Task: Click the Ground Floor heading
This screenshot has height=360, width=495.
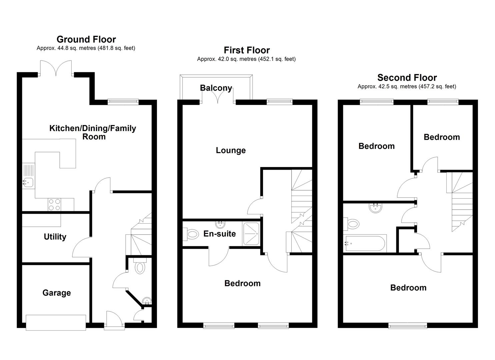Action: coord(86,39)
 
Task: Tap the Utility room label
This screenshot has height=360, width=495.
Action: coord(55,237)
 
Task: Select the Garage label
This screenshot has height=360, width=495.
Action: coord(57,293)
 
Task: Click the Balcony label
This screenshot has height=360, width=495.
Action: coord(216,88)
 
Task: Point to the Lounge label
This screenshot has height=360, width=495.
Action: coord(231,150)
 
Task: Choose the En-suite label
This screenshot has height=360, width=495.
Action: coord(220,234)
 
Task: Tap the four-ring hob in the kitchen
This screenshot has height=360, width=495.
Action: coord(54,204)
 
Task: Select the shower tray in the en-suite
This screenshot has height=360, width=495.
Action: coord(251,234)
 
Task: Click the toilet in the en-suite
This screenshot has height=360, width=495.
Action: coord(191,234)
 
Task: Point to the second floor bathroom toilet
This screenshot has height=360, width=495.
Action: coord(353,224)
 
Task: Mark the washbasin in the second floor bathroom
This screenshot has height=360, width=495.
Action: coord(376,208)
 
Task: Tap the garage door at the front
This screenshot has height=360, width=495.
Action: coord(56,322)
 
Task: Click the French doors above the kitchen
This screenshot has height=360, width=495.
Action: coord(56,69)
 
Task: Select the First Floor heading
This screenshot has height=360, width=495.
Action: coord(247,50)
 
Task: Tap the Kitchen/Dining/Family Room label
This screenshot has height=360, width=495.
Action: coord(93,132)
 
